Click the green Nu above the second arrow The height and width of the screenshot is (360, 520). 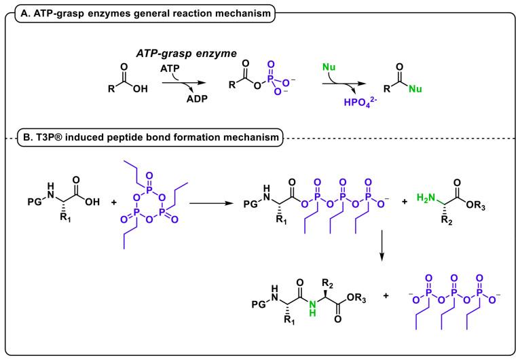329,67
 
